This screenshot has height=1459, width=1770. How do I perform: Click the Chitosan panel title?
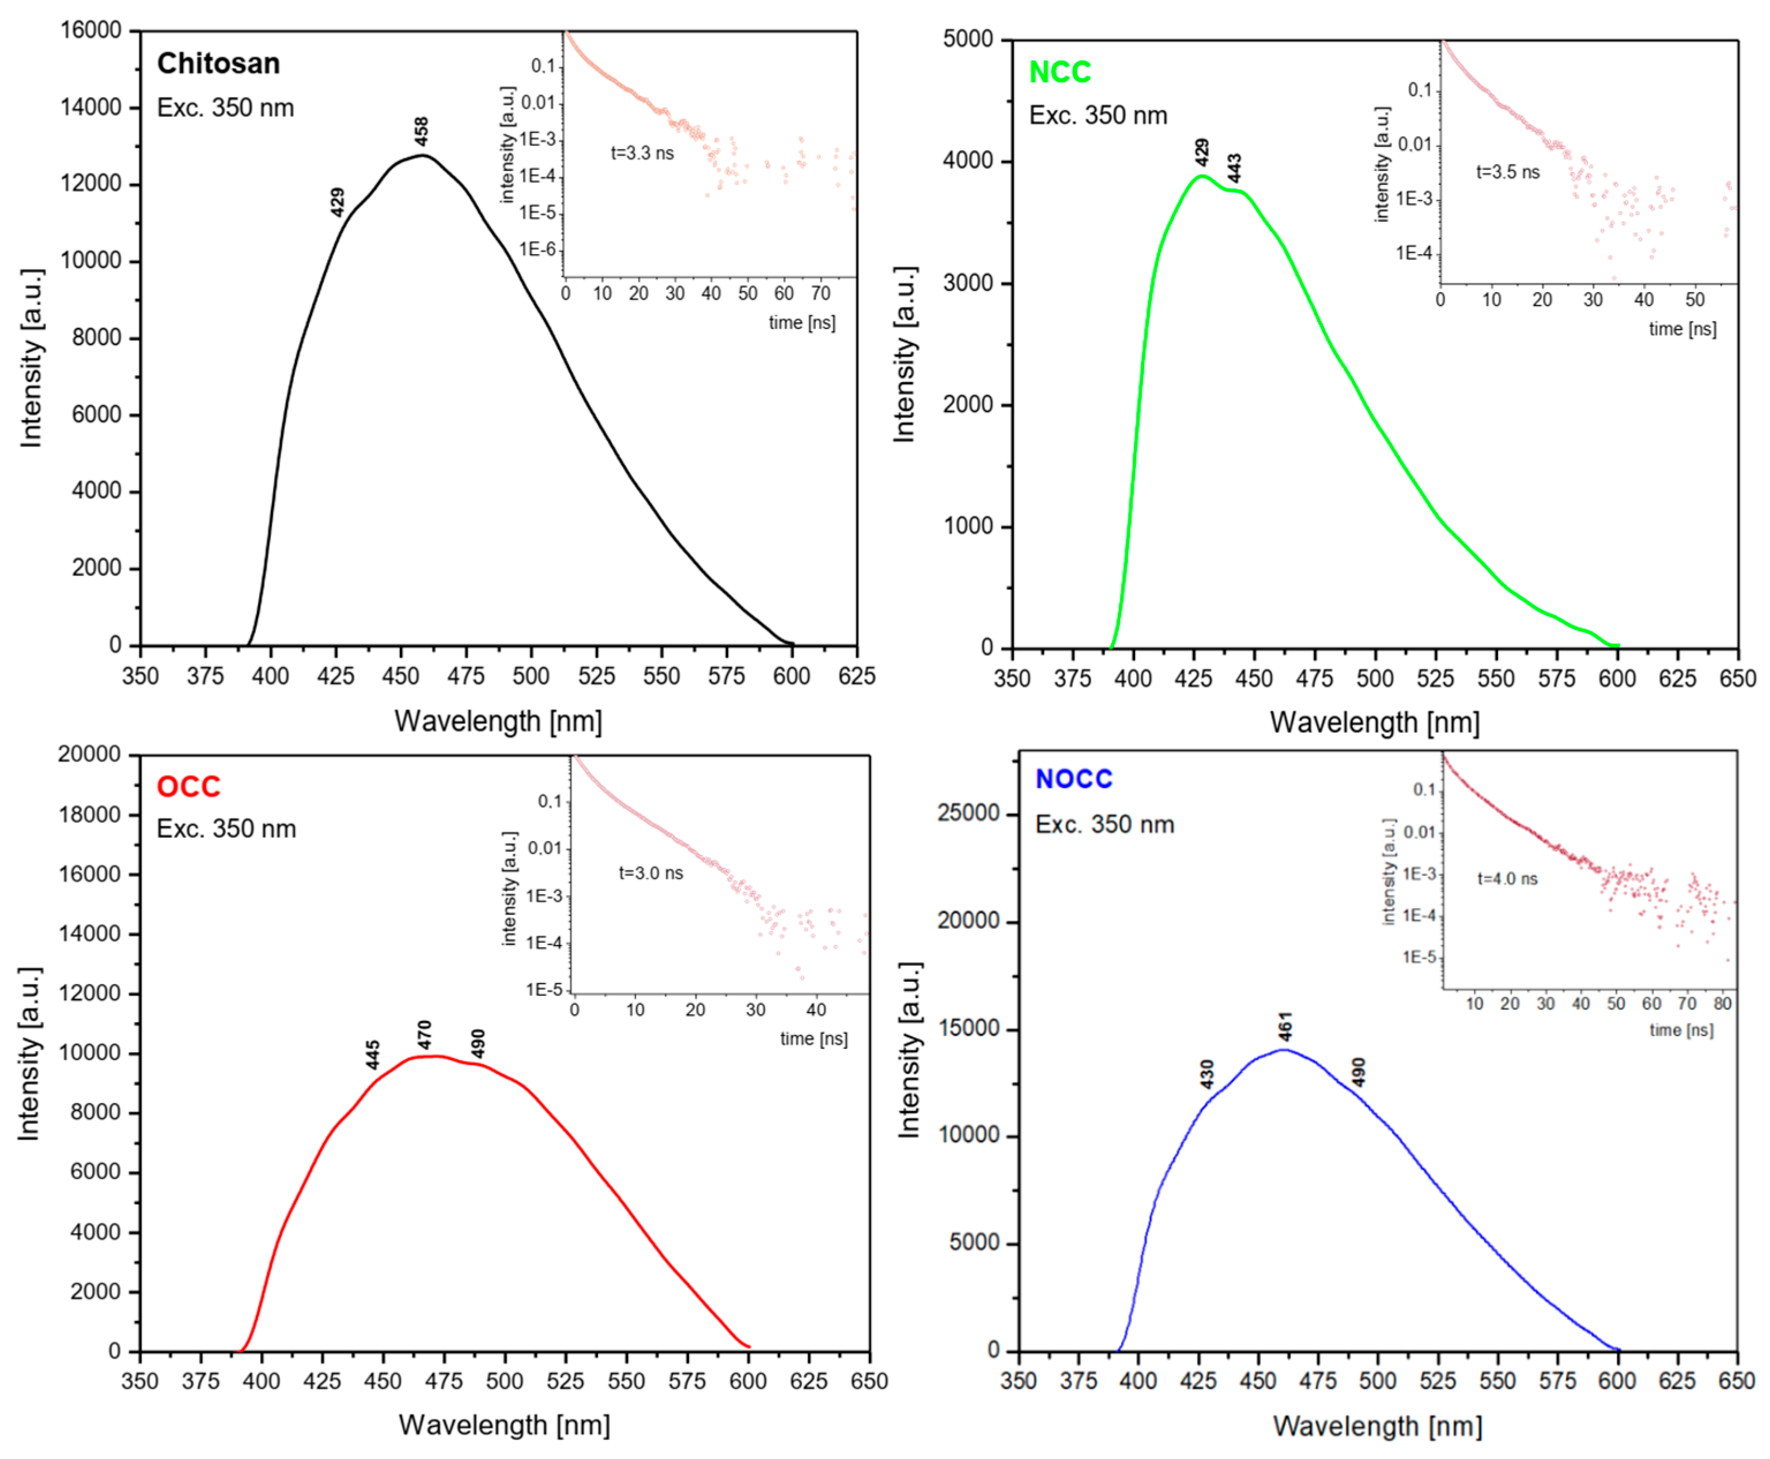pos(218,64)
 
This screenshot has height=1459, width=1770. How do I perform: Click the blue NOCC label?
pos(1073,779)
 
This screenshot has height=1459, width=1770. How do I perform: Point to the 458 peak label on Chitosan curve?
pos(422,131)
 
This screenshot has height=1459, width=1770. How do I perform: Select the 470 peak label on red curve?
pos(425,1034)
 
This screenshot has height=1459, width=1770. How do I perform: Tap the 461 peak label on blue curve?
pos(1285,1027)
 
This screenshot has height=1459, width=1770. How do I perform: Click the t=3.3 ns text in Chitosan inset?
pos(641,153)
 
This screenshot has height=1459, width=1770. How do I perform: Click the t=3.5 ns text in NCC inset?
pos(1508,172)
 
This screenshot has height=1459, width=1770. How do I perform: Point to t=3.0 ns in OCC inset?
pos(650,873)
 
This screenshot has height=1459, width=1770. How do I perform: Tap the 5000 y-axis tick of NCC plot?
pos(968,40)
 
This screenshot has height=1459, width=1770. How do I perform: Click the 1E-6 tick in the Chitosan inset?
pos(538,250)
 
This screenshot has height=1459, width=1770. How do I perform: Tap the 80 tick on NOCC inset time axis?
pos(1722,1003)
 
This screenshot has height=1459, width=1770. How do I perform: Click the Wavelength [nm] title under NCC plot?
pos(1374,722)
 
